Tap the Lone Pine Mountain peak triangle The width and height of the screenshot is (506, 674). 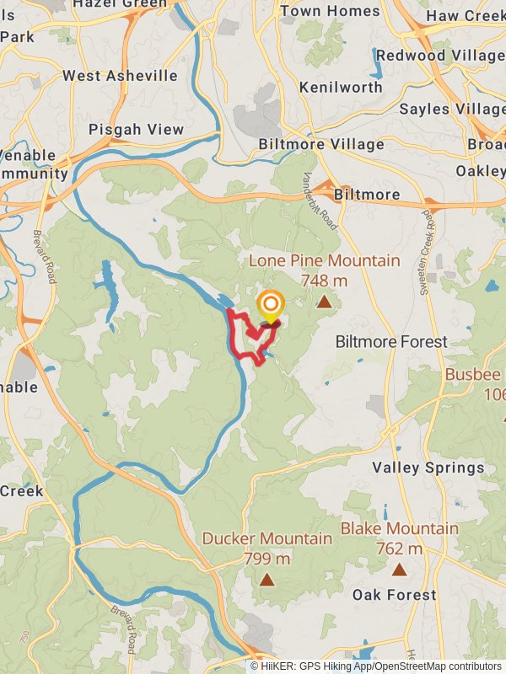[324, 301]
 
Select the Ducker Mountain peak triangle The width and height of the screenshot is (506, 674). [266, 579]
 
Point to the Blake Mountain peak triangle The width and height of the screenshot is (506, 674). [399, 570]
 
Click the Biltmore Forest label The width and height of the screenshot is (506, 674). [391, 342]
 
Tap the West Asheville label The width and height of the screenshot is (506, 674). [120, 76]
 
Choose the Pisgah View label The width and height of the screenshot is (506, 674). [136, 130]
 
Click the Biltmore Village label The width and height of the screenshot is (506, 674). [322, 144]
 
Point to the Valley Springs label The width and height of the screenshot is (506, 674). [428, 468]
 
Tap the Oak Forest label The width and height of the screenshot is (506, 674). [395, 595]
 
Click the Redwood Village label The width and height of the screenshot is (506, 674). [440, 56]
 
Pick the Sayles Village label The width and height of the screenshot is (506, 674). [452, 110]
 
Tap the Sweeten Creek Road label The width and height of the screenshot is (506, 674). [428, 252]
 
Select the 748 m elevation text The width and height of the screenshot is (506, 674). [324, 281]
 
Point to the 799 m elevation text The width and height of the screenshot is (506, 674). [266, 558]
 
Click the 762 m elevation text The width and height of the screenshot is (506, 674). [399, 548]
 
